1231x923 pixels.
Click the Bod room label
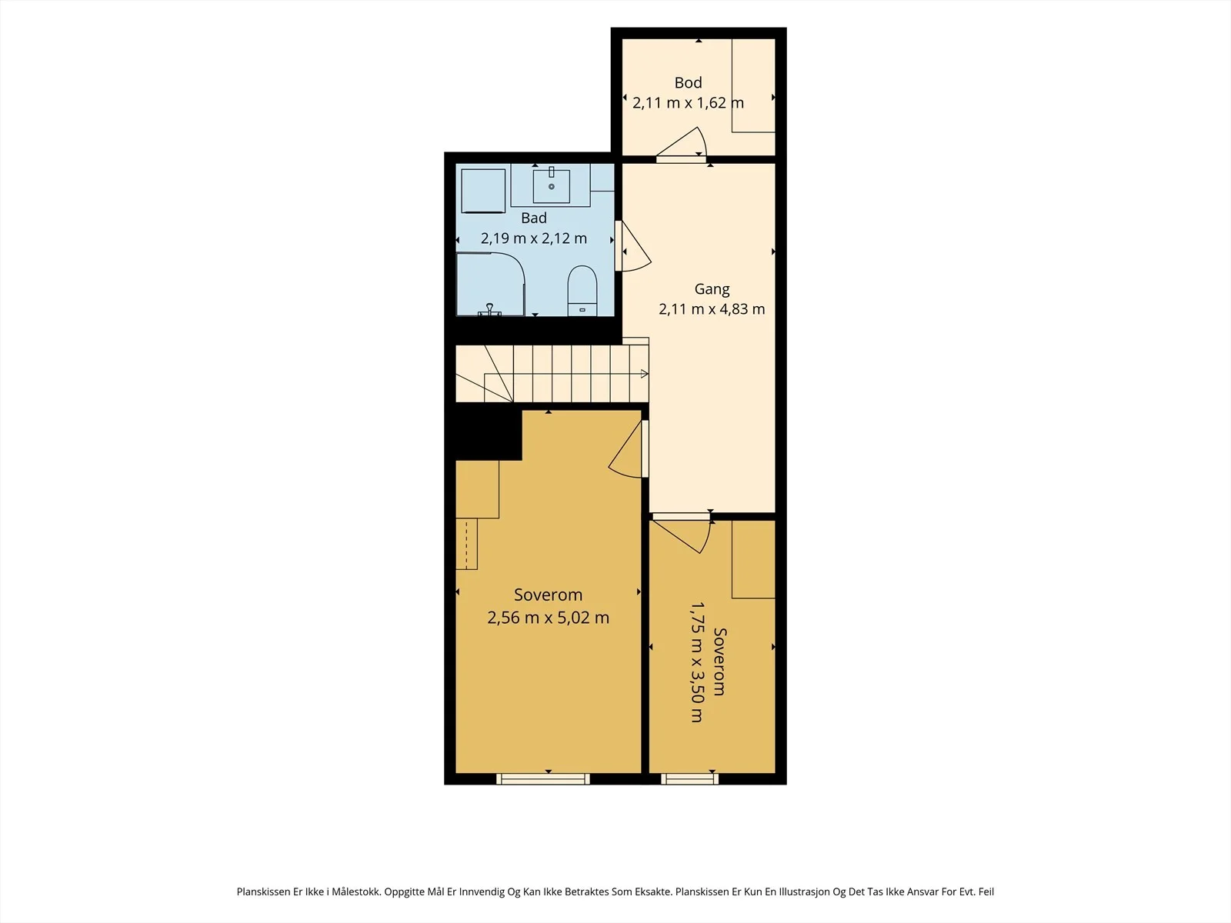(x=688, y=83)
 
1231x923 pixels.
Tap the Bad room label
(x=534, y=218)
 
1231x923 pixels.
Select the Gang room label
(x=712, y=289)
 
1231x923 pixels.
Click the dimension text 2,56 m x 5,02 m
(x=548, y=618)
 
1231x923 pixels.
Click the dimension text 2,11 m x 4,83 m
(x=712, y=308)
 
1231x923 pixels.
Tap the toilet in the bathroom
(x=582, y=290)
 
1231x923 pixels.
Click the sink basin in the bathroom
(x=552, y=185)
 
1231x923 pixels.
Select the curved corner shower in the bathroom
(x=491, y=285)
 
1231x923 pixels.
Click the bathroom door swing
(x=634, y=247)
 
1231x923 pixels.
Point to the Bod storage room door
(x=682, y=145)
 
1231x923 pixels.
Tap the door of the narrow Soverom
(x=682, y=533)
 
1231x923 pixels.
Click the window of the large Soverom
(x=543, y=778)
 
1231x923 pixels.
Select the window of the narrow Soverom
(x=690, y=778)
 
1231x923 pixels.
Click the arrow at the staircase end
(x=645, y=374)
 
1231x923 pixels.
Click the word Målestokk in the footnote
(x=356, y=891)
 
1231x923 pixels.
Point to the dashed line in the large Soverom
(x=466, y=544)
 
